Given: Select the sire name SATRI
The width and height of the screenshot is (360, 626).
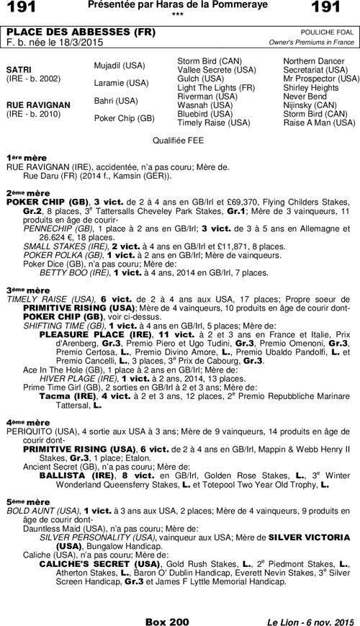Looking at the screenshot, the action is (18, 69).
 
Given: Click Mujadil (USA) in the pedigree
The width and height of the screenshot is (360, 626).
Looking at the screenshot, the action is (120, 66).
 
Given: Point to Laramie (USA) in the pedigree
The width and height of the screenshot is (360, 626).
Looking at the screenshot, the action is (121, 83).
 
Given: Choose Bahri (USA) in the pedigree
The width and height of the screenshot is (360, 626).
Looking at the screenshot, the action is (116, 101).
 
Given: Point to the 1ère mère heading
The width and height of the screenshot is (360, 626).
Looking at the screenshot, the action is (25, 156).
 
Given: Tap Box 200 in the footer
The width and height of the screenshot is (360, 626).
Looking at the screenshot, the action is (166, 620).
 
